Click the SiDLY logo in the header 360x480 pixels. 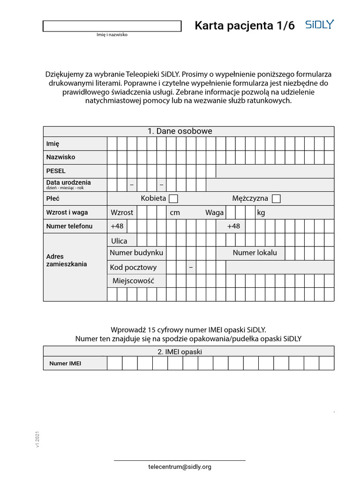coord(320,25)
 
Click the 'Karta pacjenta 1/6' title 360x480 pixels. coord(245,26)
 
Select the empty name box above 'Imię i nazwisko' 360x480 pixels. coord(112,26)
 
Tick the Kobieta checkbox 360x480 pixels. coord(173,199)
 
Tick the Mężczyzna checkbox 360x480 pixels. coord(276,199)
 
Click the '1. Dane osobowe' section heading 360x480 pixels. coord(180,131)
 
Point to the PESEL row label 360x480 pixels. coord(56,171)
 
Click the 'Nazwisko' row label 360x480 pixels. coord(60,157)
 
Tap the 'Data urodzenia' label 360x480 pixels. coord(68,183)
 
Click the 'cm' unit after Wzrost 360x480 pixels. coord(175,212)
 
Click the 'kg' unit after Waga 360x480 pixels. coord(261,212)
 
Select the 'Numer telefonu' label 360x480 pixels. coord(69,226)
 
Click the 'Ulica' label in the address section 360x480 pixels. coord(119,241)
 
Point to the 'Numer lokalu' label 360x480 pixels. coord(255,253)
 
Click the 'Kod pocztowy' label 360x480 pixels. coord(133,268)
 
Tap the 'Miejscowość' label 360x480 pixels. coord(133,281)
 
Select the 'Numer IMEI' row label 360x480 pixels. coord(65,363)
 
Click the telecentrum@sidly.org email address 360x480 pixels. coord(180,467)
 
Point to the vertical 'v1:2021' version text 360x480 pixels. coord(37,439)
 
